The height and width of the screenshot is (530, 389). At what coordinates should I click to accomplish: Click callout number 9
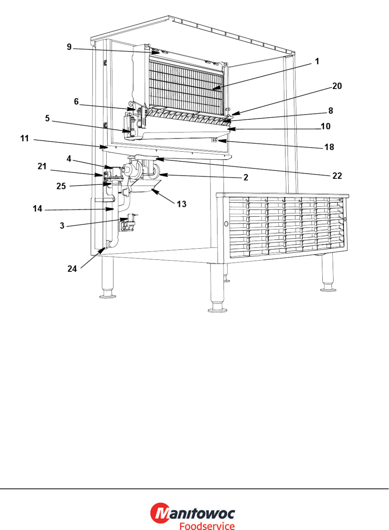tap(69, 47)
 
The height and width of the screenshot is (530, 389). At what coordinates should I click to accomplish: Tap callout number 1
tap(317, 61)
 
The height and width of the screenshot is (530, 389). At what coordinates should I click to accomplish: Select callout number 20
tap(337, 86)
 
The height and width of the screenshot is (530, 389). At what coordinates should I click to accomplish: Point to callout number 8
tap(330, 110)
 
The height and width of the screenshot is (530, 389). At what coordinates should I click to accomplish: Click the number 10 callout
tap(325, 126)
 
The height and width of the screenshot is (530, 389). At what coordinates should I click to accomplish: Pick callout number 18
tap(329, 147)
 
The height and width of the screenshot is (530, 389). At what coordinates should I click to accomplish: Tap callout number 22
tap(337, 176)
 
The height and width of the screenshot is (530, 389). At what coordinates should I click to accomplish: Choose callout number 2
tap(246, 177)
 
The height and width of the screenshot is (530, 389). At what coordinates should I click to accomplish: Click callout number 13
tap(182, 204)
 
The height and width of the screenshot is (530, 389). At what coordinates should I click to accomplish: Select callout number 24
tap(72, 269)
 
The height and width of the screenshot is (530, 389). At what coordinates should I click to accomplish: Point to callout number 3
tap(62, 226)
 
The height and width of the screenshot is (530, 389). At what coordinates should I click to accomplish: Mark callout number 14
tap(37, 209)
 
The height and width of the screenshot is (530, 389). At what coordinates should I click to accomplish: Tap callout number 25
tap(61, 186)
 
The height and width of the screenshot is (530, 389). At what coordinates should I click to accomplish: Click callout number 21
tap(42, 166)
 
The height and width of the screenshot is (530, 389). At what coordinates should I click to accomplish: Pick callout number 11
tap(24, 138)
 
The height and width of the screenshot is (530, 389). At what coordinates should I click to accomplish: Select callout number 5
tap(47, 118)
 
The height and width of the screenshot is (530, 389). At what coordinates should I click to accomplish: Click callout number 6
tap(76, 102)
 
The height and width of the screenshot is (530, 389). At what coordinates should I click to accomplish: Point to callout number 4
tap(69, 159)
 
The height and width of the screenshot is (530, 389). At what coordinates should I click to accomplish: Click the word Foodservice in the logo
tap(207, 526)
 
